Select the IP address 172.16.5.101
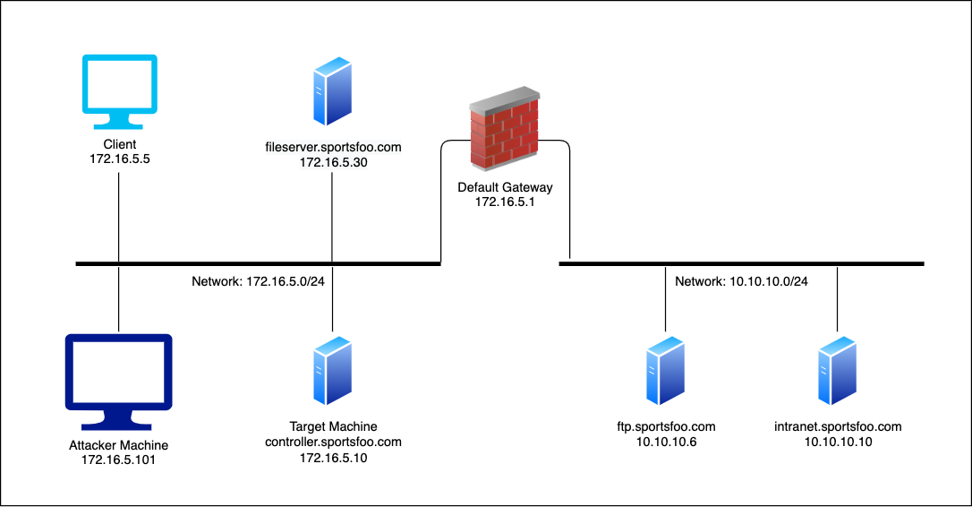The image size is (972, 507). point(118,460)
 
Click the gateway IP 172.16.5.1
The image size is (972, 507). point(506,203)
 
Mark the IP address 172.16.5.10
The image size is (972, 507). point(333,458)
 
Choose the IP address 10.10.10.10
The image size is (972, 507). point(839,443)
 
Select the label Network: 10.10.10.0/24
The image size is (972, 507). point(741,281)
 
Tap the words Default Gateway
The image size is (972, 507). point(506,188)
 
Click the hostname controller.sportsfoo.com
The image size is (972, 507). point(333,443)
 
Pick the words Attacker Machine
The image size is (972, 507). point(118,445)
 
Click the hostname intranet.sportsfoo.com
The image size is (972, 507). point(839,427)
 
